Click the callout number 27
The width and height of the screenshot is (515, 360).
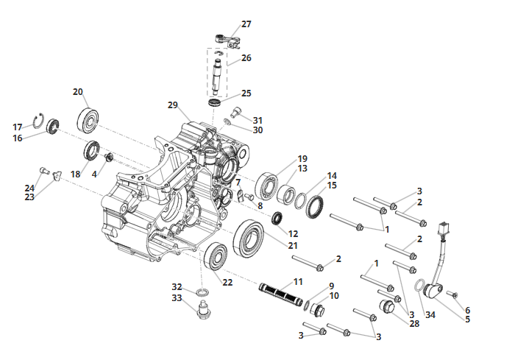246,24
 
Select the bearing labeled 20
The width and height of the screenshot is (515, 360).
88,119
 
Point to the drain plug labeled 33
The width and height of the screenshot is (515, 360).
205,310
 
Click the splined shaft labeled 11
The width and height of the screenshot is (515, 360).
280,294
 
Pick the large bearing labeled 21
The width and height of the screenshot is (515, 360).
249,237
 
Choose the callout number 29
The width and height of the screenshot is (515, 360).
172,105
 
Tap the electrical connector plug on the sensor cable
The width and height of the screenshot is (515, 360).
444,229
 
